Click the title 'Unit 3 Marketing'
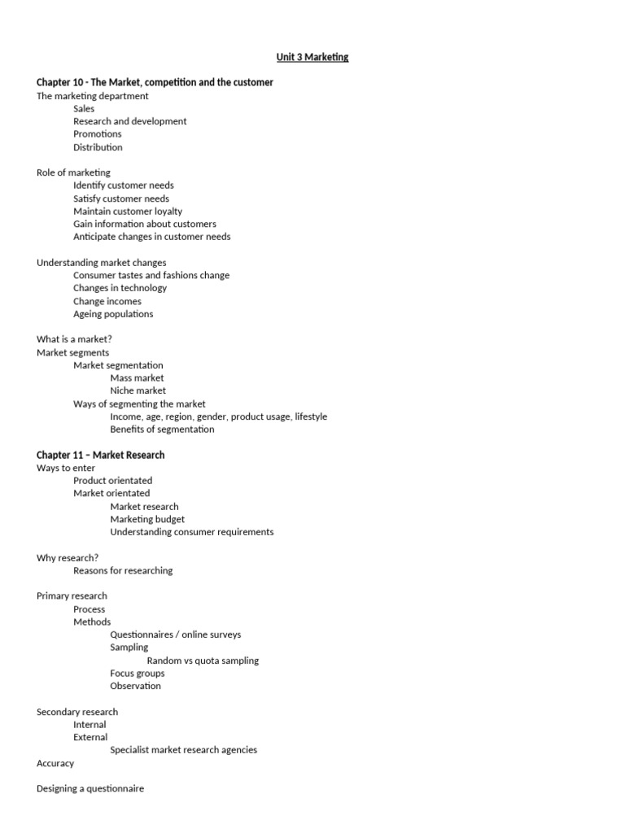(312, 57)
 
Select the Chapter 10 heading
(155, 82)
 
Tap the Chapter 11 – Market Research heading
(100, 455)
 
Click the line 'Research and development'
(129, 121)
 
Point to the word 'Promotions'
(97, 134)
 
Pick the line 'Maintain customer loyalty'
(128, 212)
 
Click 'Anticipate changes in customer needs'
(151, 237)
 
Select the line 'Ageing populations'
(113, 314)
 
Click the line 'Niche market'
(137, 390)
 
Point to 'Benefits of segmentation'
(162, 430)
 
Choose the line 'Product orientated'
(112, 481)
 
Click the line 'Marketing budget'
(147, 519)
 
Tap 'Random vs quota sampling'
(203, 661)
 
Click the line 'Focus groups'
(137, 674)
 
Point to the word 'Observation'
(135, 686)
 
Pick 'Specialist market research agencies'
(183, 750)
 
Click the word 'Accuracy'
(55, 763)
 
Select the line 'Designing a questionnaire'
(90, 788)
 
